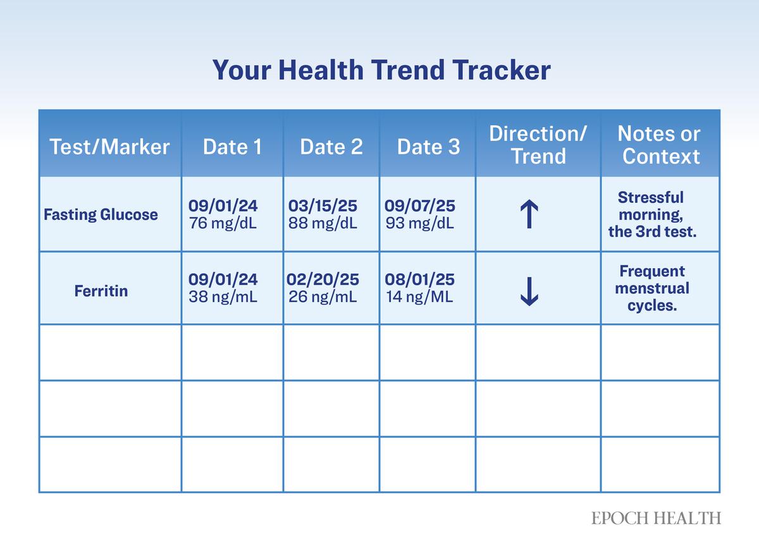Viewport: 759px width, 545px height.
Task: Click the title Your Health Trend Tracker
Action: tap(381, 70)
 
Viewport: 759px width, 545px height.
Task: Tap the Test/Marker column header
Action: tap(109, 147)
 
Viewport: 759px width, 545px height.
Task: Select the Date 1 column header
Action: tap(232, 147)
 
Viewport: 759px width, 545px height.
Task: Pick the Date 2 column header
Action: tap(331, 147)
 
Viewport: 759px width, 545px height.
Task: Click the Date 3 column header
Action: tap(428, 147)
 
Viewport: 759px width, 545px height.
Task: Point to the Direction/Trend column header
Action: tap(538, 145)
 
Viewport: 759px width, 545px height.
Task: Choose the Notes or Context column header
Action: tap(660, 145)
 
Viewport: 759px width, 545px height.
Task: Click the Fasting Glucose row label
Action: tap(101, 215)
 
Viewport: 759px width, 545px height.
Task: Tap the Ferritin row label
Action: tap(101, 291)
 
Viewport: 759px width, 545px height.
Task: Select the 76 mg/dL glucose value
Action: tap(223, 224)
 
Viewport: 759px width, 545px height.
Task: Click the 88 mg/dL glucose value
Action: tap(323, 224)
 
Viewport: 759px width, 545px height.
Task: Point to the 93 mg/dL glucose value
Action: tap(419, 224)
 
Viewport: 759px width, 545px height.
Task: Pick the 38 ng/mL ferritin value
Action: tap(223, 297)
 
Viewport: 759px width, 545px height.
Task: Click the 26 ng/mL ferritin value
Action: tap(323, 297)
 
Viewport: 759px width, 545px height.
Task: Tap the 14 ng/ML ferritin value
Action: tap(419, 297)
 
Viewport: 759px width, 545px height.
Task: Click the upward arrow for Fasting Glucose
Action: tap(529, 214)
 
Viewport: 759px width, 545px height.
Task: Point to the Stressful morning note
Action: tap(652, 214)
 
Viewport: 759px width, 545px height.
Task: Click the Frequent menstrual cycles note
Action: tap(652, 289)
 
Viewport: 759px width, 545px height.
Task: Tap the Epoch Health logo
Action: tap(656, 518)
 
